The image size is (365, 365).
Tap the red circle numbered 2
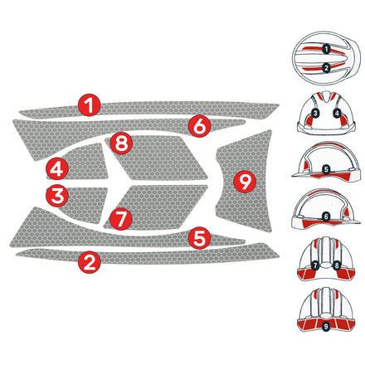(90, 263)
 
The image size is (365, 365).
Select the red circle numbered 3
(56, 197)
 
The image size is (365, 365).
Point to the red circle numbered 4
(56, 169)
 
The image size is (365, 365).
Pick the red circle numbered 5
(198, 238)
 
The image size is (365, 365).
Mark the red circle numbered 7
(121, 220)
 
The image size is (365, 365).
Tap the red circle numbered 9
(243, 180)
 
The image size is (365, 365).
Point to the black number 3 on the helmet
(316, 112)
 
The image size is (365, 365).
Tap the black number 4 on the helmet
(337, 112)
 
